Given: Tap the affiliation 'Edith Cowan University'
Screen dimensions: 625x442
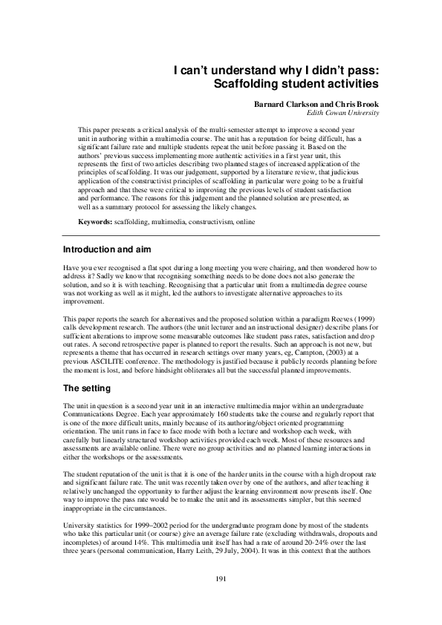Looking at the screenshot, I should point(343,113).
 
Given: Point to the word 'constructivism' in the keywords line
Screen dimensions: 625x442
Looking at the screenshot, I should point(212,223).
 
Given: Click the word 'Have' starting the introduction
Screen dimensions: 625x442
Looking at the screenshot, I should point(71,266).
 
